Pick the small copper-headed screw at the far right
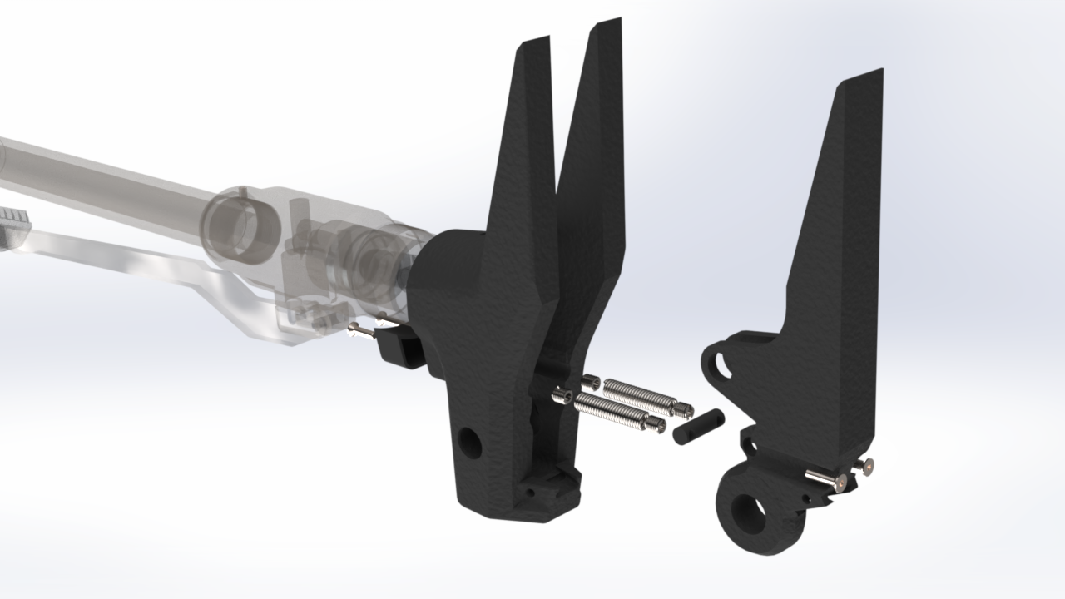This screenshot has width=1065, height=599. click(x=869, y=467)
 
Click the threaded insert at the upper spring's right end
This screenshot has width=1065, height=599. click(x=684, y=409)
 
